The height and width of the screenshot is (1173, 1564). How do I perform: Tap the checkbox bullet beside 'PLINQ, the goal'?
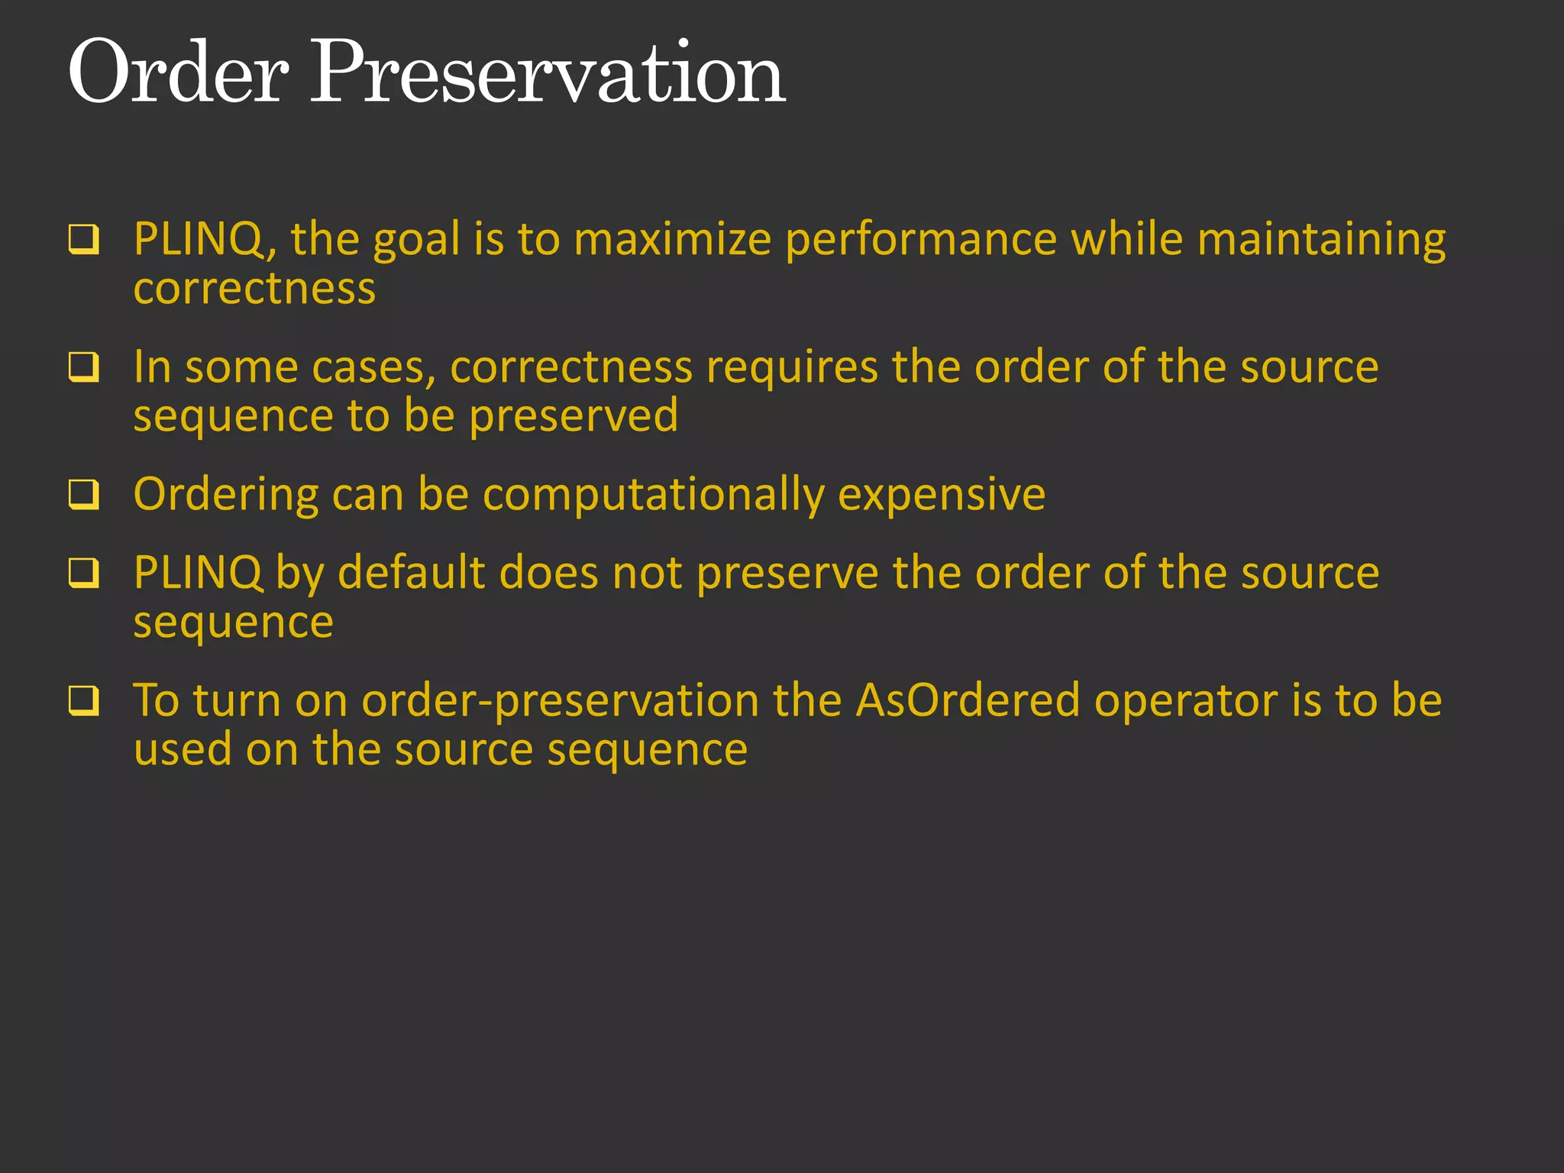(84, 240)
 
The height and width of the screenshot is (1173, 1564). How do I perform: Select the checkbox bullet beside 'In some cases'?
(84, 367)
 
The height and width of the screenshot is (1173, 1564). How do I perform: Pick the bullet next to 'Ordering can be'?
(84, 495)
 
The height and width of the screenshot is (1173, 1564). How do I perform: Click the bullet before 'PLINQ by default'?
(84, 573)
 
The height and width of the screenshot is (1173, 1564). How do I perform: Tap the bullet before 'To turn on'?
(84, 700)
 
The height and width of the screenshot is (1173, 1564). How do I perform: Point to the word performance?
(921, 240)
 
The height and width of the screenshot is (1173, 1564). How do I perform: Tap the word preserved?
(574, 416)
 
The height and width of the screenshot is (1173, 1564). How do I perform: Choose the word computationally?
(654, 495)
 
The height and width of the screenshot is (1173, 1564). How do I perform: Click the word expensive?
(941, 495)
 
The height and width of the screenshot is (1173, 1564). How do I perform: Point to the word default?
(411, 573)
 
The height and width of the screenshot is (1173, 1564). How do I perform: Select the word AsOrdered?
(967, 700)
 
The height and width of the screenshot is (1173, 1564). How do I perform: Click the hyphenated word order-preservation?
(560, 700)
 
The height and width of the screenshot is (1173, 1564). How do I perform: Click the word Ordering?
(225, 495)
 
